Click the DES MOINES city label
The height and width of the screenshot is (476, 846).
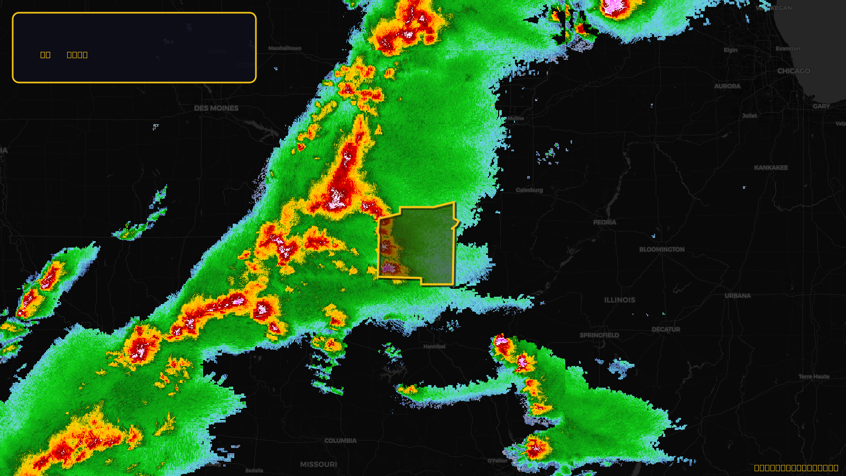tap(216, 108)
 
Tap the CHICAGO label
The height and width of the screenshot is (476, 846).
tap(793, 71)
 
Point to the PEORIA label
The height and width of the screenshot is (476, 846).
tap(604, 222)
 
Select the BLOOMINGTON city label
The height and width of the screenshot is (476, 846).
tap(661, 249)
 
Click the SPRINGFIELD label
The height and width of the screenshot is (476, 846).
tap(599, 335)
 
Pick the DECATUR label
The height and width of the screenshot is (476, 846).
tap(666, 329)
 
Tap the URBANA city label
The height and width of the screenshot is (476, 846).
tap(738, 296)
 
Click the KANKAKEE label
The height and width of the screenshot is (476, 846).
tap(771, 168)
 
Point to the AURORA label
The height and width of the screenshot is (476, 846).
tap(727, 86)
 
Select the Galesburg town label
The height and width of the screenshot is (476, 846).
tap(529, 190)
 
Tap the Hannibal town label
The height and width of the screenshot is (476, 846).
tap(434, 346)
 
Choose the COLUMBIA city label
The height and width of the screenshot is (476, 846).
tap(341, 441)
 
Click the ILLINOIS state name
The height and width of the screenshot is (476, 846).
tap(620, 300)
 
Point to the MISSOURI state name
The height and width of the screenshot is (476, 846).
tap(318, 464)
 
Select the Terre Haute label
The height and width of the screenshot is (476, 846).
tap(814, 377)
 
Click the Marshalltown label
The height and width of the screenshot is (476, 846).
tap(284, 48)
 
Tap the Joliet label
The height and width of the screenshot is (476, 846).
tap(749, 115)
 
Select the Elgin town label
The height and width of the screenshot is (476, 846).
tap(730, 50)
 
